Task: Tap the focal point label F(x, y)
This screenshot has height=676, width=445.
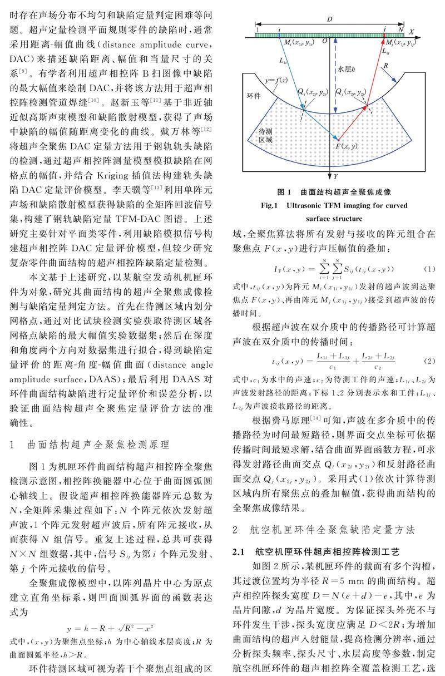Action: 347,145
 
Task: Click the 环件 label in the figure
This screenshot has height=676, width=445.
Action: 253,95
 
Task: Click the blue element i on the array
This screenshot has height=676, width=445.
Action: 280,34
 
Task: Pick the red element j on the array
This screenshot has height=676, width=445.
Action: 384,34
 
